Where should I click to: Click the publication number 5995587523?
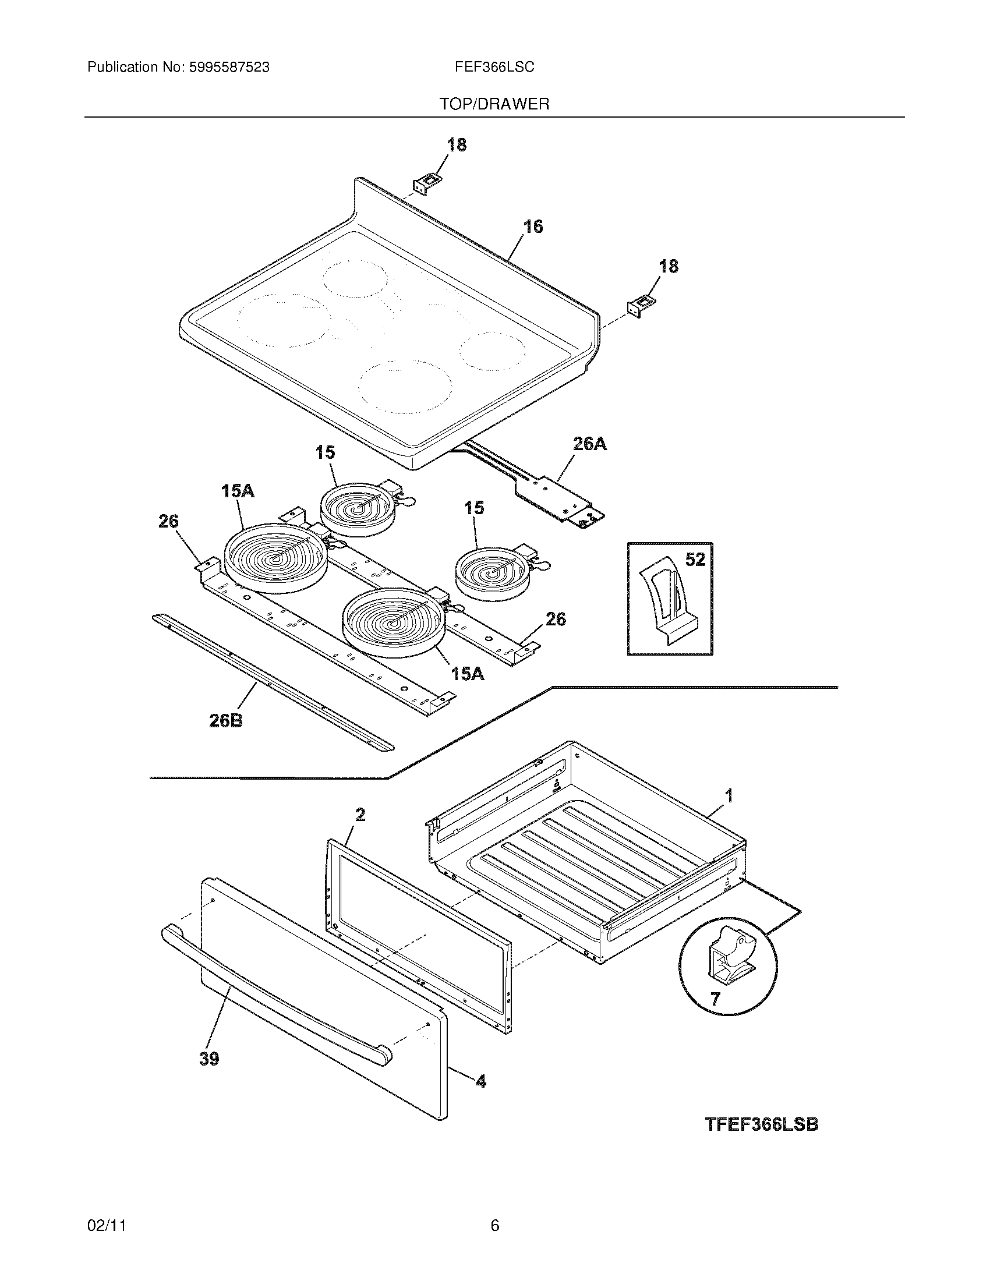pos(229,68)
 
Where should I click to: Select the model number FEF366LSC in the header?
pos(494,68)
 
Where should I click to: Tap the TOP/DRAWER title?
pos(494,104)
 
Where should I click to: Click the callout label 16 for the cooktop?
pos(532,227)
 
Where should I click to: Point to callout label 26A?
pos(589,445)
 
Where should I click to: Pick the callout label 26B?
pos(226,720)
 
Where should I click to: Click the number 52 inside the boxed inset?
pos(695,560)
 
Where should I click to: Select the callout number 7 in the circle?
pos(715,999)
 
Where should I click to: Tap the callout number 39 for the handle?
pos(210,1059)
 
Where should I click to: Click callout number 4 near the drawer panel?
pos(480,1081)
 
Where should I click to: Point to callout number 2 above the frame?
pos(360,814)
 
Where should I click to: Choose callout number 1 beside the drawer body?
pos(729,796)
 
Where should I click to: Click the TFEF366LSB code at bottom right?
pos(761,1124)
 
